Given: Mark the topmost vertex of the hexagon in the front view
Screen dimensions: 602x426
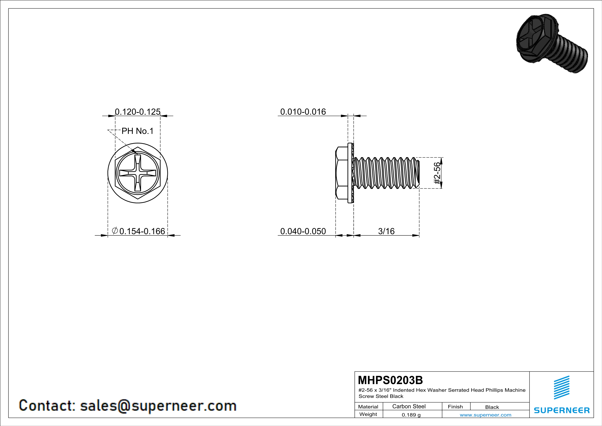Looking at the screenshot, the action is (x=138, y=147).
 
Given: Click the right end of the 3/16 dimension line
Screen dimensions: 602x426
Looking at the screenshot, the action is (x=419, y=235).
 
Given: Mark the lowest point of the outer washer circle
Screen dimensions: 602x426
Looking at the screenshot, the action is (x=138, y=203).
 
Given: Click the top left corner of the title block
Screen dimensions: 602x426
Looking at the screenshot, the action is (x=355, y=371).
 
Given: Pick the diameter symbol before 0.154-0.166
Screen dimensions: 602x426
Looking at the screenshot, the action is (x=114, y=231).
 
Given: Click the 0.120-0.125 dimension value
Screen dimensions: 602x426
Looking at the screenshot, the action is (x=138, y=112).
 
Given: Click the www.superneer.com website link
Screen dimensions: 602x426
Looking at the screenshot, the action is (x=486, y=415).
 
